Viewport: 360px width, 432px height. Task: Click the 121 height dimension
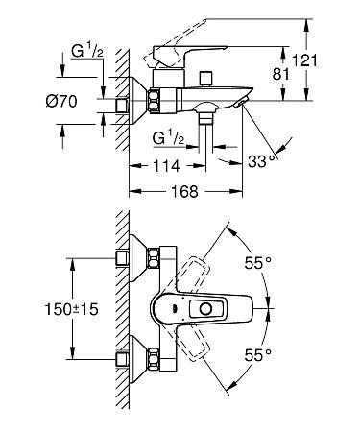coord(305,60)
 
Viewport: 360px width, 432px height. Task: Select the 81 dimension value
coord(280,74)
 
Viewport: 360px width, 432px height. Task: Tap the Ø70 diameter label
coord(61,102)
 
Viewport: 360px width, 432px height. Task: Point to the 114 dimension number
coord(166,166)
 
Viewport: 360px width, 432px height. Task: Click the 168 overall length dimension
coord(185,191)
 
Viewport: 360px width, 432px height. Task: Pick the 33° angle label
coord(261,161)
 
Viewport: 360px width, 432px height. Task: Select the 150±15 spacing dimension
coord(71,309)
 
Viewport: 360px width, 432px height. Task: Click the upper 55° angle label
coord(258,263)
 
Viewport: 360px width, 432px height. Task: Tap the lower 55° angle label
coord(258,355)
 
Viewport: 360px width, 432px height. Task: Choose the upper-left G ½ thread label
coord(87,52)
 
